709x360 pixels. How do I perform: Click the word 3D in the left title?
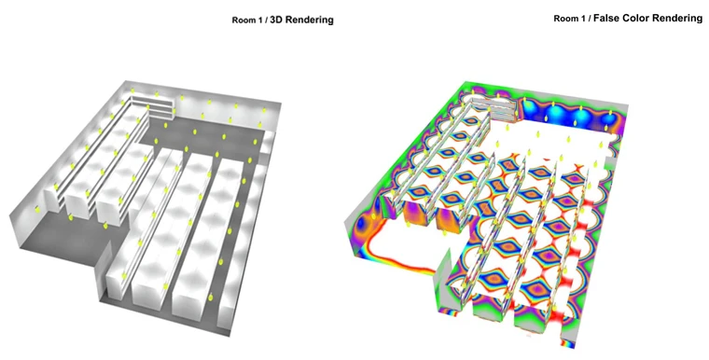click(275, 20)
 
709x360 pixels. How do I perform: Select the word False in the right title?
click(605, 18)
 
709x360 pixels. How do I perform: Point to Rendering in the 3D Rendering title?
click(309, 21)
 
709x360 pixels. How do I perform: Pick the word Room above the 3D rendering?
click(243, 21)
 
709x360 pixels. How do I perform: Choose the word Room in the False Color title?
click(564, 19)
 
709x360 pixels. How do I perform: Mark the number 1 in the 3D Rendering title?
click(259, 21)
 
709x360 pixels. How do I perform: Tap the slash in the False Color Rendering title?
click(590, 19)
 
